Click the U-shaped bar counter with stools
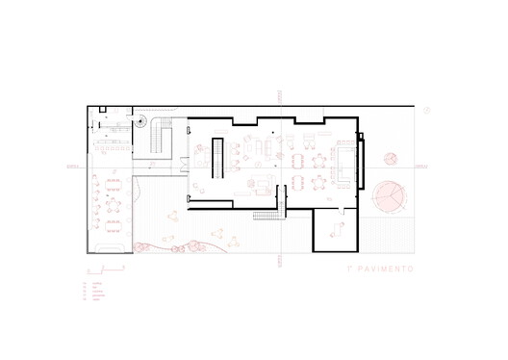(x=343, y=161)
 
